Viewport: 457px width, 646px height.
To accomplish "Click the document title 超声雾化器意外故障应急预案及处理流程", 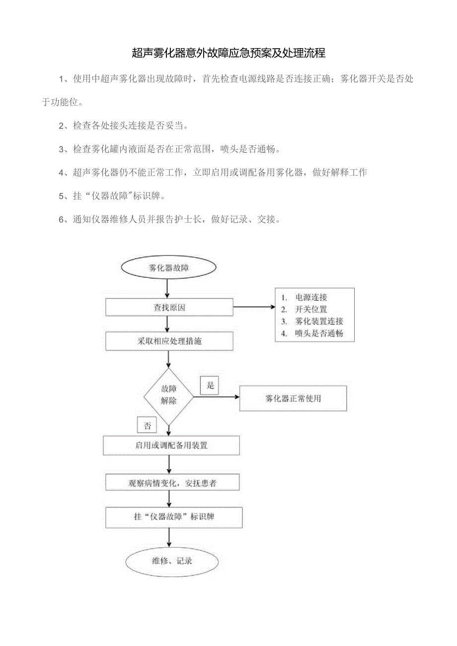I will coord(228,53).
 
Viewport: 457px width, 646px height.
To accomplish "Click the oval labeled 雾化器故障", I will coord(169,268).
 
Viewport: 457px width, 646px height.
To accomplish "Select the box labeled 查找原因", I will coord(169,308).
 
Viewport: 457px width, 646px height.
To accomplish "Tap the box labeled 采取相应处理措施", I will coord(169,341).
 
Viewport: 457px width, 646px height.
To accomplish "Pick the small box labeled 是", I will coord(210,385).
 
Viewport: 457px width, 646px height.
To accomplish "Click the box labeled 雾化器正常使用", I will coord(293,398).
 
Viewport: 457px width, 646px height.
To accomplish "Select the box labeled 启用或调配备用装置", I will coord(171,446).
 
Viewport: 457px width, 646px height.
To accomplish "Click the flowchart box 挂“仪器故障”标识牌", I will coord(174,517).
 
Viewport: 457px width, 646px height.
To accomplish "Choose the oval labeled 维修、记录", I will coord(172,561).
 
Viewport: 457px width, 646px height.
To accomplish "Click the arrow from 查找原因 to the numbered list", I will coord(254,307).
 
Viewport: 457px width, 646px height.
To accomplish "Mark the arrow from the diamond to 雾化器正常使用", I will coord(216,397).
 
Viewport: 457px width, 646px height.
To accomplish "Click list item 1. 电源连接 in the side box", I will coord(311,298).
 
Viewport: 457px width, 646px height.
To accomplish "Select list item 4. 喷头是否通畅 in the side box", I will coord(318,333).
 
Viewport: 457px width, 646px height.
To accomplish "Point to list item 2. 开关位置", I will coord(311,310).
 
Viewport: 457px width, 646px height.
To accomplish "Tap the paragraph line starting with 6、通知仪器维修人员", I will coord(169,219).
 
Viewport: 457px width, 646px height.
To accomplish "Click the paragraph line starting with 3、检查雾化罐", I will coord(169,149).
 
